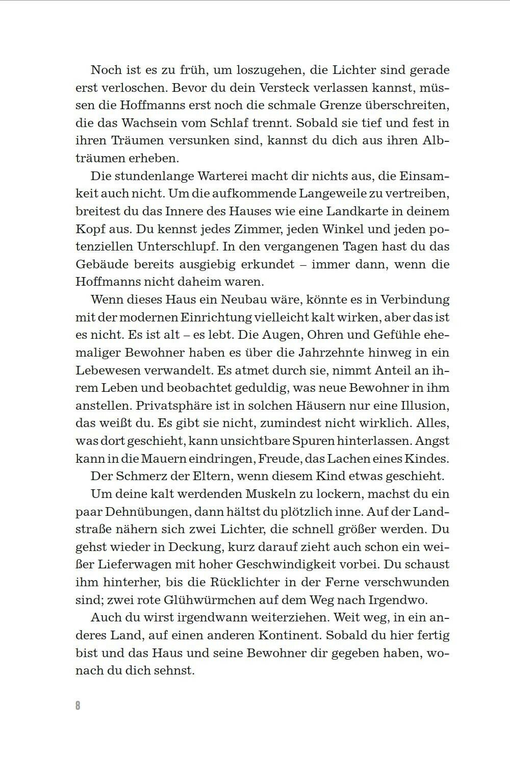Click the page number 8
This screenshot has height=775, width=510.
pos(78,706)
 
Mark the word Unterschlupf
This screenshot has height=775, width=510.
pos(170,246)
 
